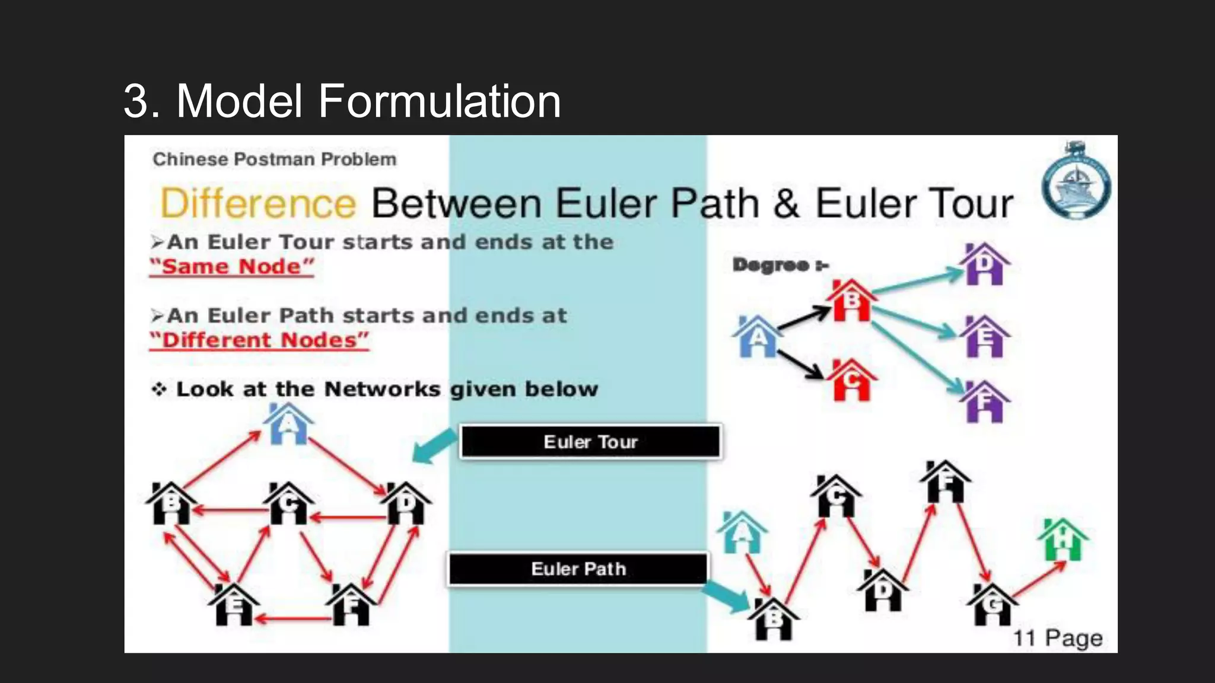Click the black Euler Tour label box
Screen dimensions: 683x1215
pos(591,442)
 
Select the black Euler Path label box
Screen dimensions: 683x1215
pos(578,569)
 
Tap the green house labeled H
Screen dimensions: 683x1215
pos(1063,540)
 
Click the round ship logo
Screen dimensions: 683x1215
pos(1076,183)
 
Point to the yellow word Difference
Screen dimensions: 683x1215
pos(258,203)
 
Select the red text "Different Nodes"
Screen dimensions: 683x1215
pos(259,340)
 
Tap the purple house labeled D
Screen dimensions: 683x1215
pos(985,264)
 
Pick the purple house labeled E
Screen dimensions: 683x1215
pos(985,337)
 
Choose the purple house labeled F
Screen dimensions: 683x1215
pos(985,402)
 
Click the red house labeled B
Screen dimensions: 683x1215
pos(851,301)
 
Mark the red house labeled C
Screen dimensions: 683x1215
pos(851,380)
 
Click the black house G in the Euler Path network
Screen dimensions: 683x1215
pos(992,604)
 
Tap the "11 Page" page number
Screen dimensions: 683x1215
pos(1058,639)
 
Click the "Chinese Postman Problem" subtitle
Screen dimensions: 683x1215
pos(275,159)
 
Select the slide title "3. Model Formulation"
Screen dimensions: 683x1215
pos(342,101)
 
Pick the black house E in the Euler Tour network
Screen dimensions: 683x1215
pos(234,605)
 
